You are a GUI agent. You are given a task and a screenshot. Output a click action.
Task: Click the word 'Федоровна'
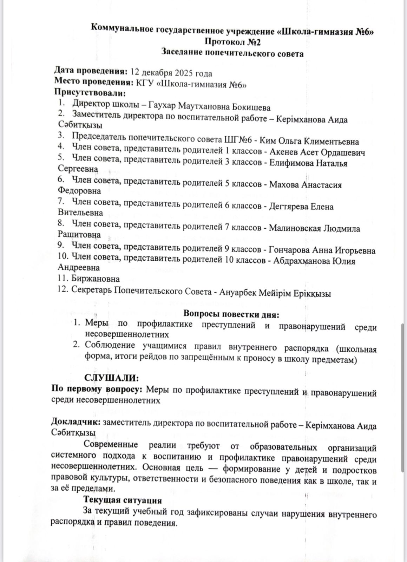(x=79, y=191)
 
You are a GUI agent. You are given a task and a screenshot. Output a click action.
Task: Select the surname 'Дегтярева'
(x=288, y=207)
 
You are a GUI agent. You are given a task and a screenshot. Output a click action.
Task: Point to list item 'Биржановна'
(x=96, y=279)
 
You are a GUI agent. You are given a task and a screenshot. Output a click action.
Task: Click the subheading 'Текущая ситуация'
(x=123, y=500)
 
